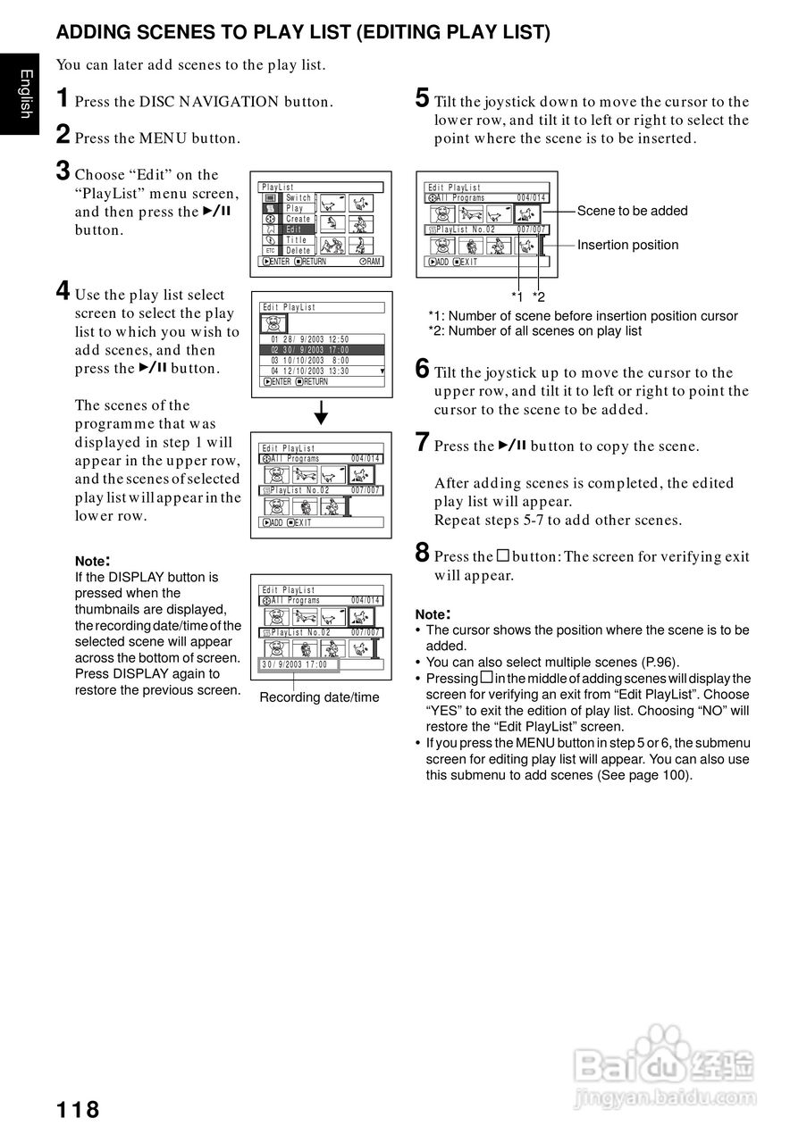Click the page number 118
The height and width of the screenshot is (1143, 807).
tap(78, 1110)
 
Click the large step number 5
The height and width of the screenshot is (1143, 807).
tap(423, 98)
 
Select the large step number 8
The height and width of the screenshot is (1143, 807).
tap(423, 553)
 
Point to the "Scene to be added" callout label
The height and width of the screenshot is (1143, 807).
tap(632, 211)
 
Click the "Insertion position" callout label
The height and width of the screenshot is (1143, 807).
tap(627, 245)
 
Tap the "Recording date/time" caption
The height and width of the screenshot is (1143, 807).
tap(319, 697)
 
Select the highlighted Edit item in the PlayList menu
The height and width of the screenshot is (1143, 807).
tap(295, 229)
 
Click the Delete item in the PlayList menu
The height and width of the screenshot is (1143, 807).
tap(298, 251)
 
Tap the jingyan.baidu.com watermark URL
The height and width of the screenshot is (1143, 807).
tap(665, 1098)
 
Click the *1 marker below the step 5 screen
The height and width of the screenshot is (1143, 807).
tap(517, 296)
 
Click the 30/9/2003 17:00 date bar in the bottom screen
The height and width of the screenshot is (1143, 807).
tap(295, 664)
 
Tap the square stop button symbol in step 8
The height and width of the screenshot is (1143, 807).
tap(503, 555)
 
